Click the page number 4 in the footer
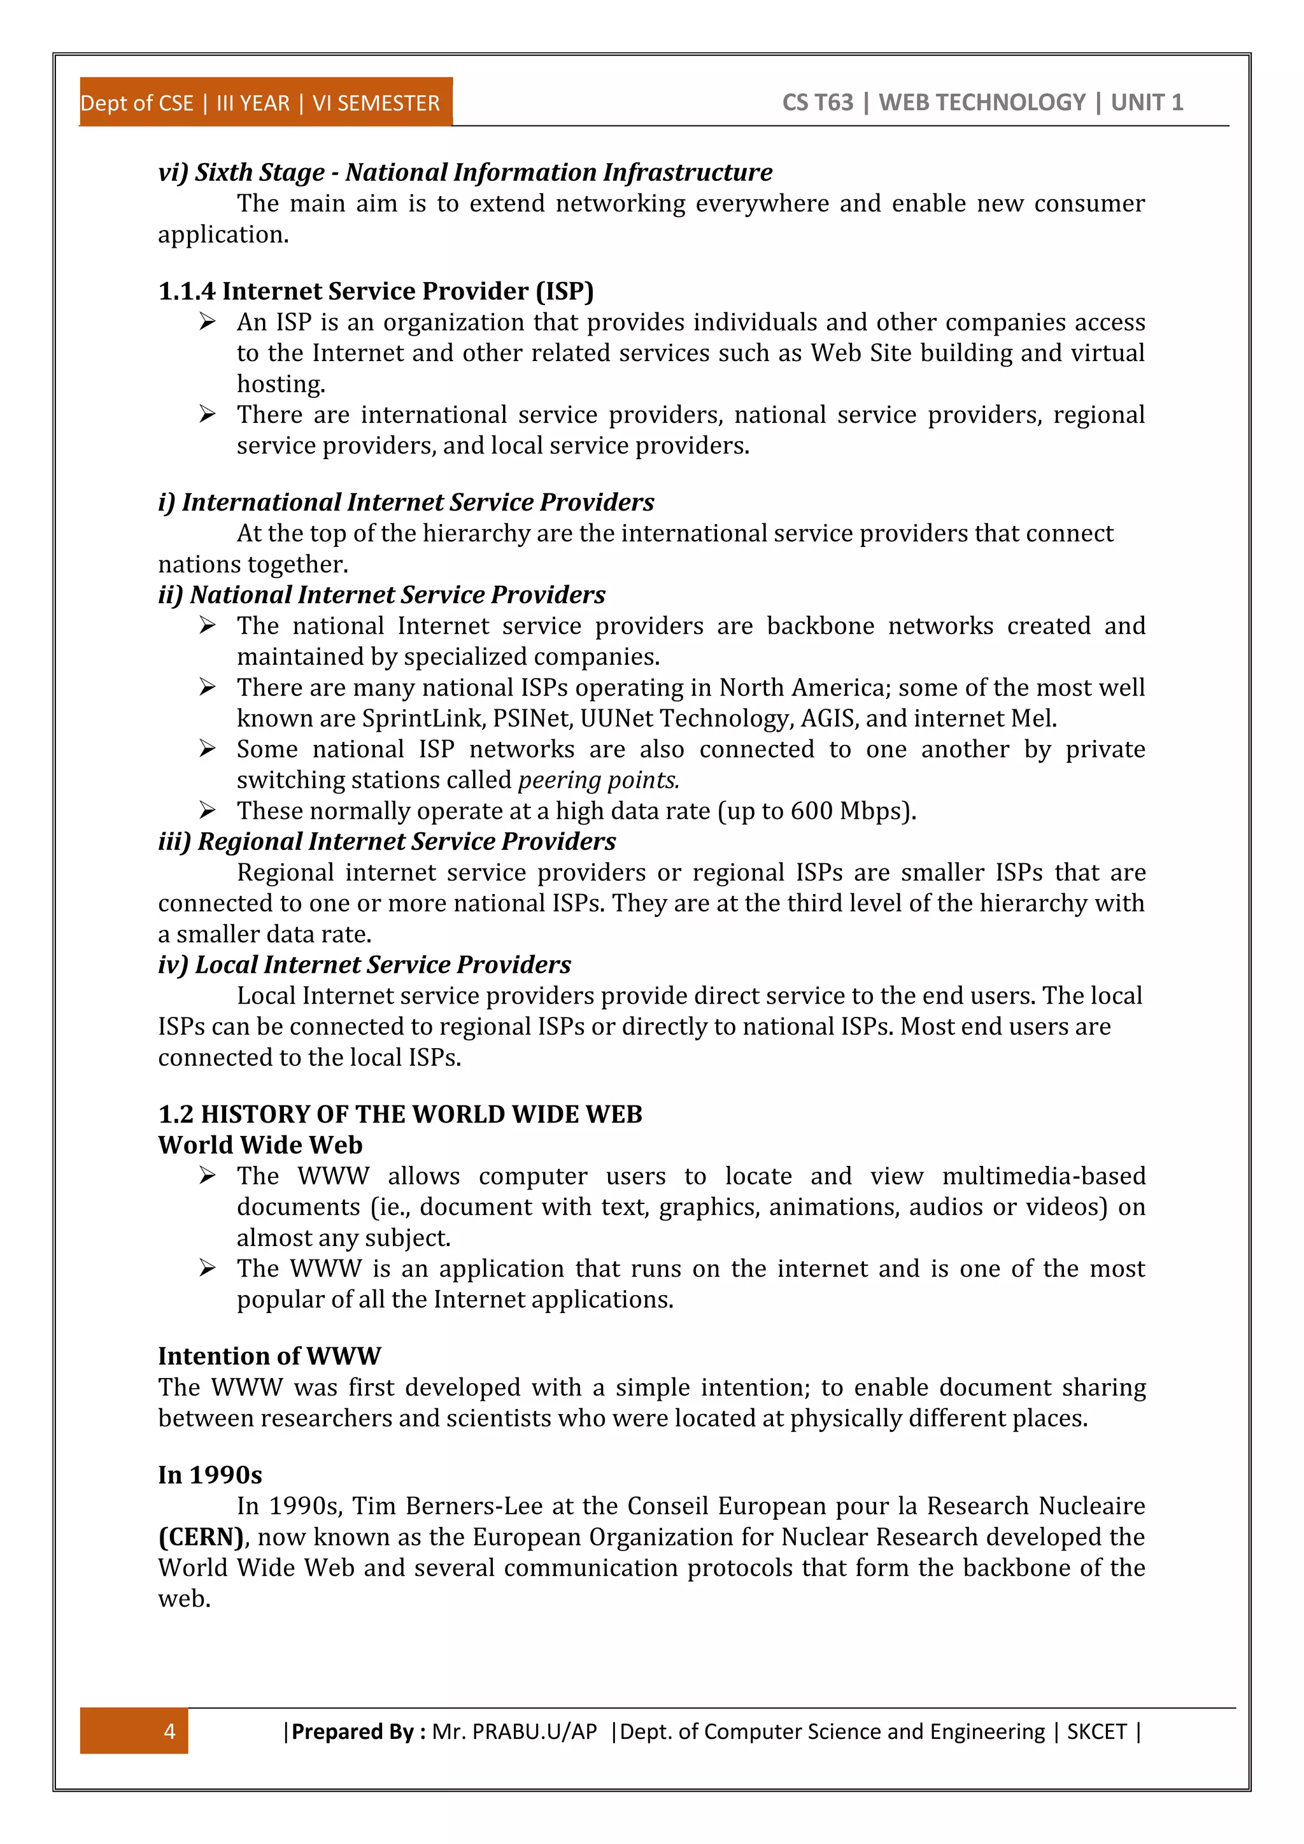coord(169,1731)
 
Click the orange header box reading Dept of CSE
coord(265,103)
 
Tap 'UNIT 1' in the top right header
coord(1147,103)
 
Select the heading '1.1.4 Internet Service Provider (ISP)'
coord(376,291)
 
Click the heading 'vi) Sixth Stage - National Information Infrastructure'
coord(465,172)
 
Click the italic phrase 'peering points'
coord(599,780)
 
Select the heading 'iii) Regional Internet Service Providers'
coord(386,841)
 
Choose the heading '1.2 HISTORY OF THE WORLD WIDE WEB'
coord(400,1114)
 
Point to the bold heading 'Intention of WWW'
coord(269,1356)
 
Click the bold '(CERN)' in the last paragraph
coord(201,1536)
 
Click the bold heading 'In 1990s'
coord(209,1475)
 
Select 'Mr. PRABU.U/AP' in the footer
coord(514,1731)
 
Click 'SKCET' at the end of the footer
coord(1097,1731)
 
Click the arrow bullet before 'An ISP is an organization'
coord(207,322)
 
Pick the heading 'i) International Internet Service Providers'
coord(406,502)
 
